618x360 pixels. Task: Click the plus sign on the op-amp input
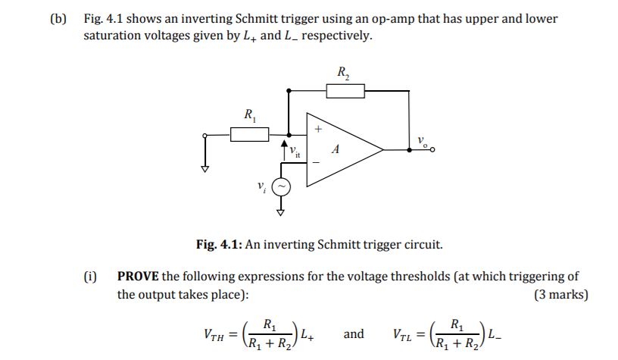point(319,130)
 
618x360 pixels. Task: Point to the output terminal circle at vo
point(432,150)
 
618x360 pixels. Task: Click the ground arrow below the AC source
point(282,212)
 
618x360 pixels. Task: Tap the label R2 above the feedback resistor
point(343,74)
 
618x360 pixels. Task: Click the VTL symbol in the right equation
point(407,334)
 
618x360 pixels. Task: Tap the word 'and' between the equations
point(354,333)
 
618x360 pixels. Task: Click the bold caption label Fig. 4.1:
point(218,245)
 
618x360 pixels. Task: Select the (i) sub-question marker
point(90,277)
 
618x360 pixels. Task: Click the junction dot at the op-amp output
point(410,150)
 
